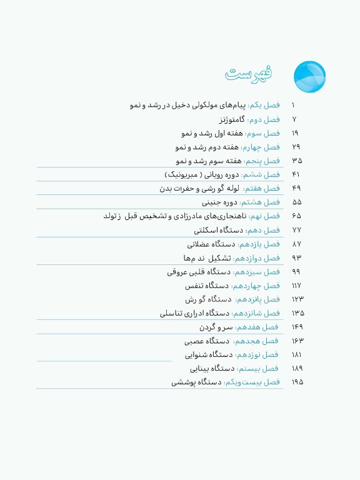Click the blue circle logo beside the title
point(309,77)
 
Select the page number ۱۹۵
point(297,381)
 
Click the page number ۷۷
point(297,230)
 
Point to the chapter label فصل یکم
point(266,106)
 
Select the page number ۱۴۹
point(297,327)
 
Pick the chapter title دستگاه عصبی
point(205,341)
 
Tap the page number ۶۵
point(297,216)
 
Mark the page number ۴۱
point(297,174)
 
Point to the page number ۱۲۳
point(297,299)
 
